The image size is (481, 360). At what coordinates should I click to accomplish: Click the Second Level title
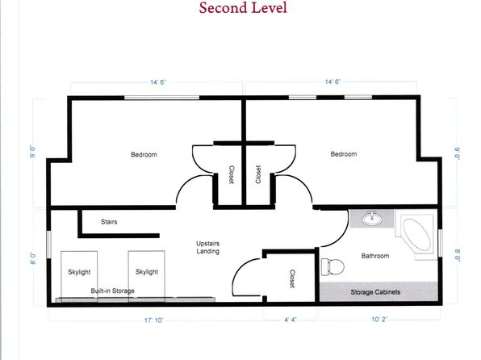click(243, 8)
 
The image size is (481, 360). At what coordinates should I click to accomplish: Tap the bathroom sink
click(372, 218)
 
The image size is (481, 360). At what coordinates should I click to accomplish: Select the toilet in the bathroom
click(333, 266)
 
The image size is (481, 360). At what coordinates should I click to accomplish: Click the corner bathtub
click(416, 234)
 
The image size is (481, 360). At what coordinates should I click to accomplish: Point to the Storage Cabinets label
click(375, 292)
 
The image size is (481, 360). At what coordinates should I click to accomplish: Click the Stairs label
click(109, 222)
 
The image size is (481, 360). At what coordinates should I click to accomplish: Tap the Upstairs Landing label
click(207, 247)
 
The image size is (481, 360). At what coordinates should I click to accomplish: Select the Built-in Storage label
click(112, 291)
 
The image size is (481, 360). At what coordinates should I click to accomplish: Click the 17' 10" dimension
click(153, 320)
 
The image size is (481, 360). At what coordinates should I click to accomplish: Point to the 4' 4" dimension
click(290, 320)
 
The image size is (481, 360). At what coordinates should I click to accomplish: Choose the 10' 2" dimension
click(379, 320)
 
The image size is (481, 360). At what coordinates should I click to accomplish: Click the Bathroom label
click(375, 256)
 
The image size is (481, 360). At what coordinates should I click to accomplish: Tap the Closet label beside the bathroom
click(292, 278)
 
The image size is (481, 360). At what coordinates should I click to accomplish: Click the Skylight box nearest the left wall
click(79, 276)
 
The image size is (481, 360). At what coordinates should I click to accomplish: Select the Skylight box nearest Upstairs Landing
click(147, 276)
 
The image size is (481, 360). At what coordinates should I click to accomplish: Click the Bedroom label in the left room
click(144, 154)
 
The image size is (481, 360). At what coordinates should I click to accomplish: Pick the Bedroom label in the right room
click(344, 153)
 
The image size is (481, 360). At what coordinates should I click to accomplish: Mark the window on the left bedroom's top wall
click(161, 98)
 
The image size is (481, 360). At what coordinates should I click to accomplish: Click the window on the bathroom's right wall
click(440, 243)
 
